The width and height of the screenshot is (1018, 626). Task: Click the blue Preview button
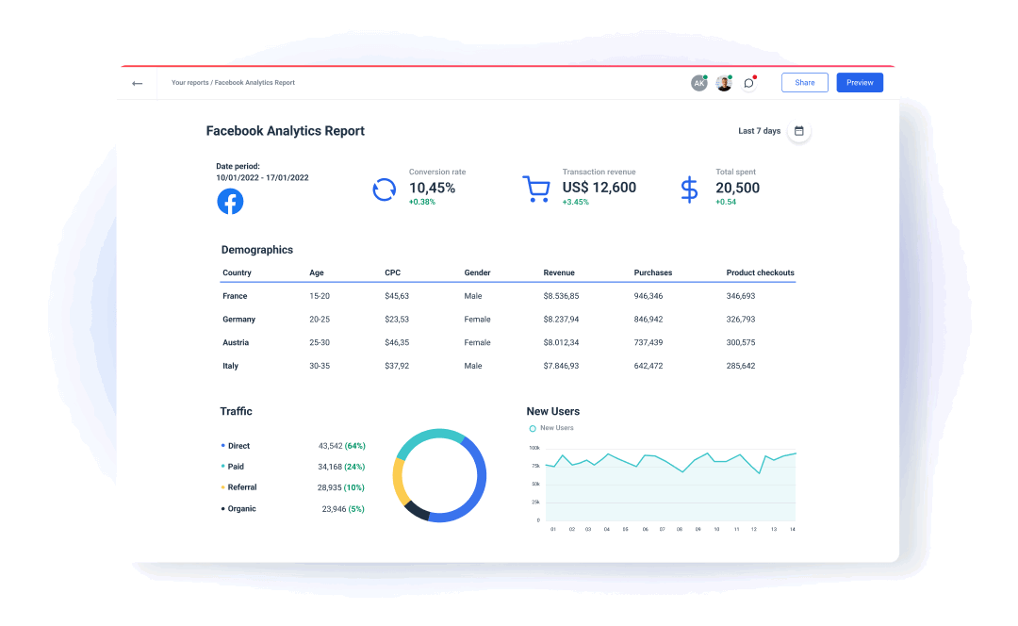(860, 83)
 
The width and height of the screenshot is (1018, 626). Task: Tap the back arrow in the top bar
(138, 83)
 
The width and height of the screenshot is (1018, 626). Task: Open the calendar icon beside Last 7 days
(799, 131)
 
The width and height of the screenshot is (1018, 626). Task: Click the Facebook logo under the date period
(230, 201)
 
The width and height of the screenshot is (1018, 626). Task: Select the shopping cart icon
(536, 189)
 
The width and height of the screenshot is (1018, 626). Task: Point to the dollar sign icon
(690, 189)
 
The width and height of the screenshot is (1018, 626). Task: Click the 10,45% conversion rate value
(432, 188)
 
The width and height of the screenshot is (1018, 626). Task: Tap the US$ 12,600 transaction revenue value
(599, 188)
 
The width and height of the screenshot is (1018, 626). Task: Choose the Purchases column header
(653, 273)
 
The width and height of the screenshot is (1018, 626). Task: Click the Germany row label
(239, 320)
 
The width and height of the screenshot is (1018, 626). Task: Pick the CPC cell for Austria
(397, 343)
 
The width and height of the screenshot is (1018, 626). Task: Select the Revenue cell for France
(561, 296)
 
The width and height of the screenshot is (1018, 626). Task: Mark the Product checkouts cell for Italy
(741, 366)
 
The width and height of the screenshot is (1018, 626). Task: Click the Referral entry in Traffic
(242, 487)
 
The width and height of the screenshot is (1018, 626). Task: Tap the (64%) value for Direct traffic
(355, 446)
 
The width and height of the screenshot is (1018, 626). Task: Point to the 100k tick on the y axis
(534, 448)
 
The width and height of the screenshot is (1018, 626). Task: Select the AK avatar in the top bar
(698, 83)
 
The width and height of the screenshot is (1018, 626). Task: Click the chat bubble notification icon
(749, 83)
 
